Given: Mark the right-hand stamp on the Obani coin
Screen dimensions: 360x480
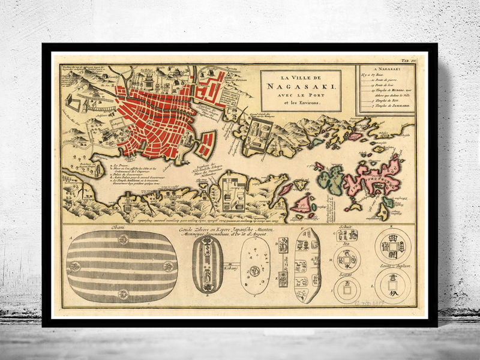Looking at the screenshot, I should pyautogui.click(x=174, y=265).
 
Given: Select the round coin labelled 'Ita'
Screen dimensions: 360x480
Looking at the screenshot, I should pyautogui.click(x=346, y=259).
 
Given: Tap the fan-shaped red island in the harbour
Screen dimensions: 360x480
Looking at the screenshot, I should pyautogui.click(x=207, y=144).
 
